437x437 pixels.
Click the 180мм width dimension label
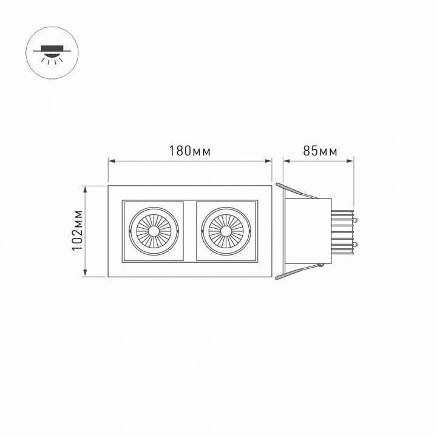pyautogui.click(x=190, y=151)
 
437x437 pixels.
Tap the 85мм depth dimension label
pyautogui.click(x=320, y=151)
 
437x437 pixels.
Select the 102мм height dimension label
pyautogui.click(x=77, y=231)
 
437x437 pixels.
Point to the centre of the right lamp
pyautogui.click(x=226, y=231)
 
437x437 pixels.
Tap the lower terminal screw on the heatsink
pyautogui.click(x=354, y=243)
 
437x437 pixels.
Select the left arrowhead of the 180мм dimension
pyautogui.click(x=111, y=161)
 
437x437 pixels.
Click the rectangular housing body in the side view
pyautogui.click(x=308, y=231)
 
